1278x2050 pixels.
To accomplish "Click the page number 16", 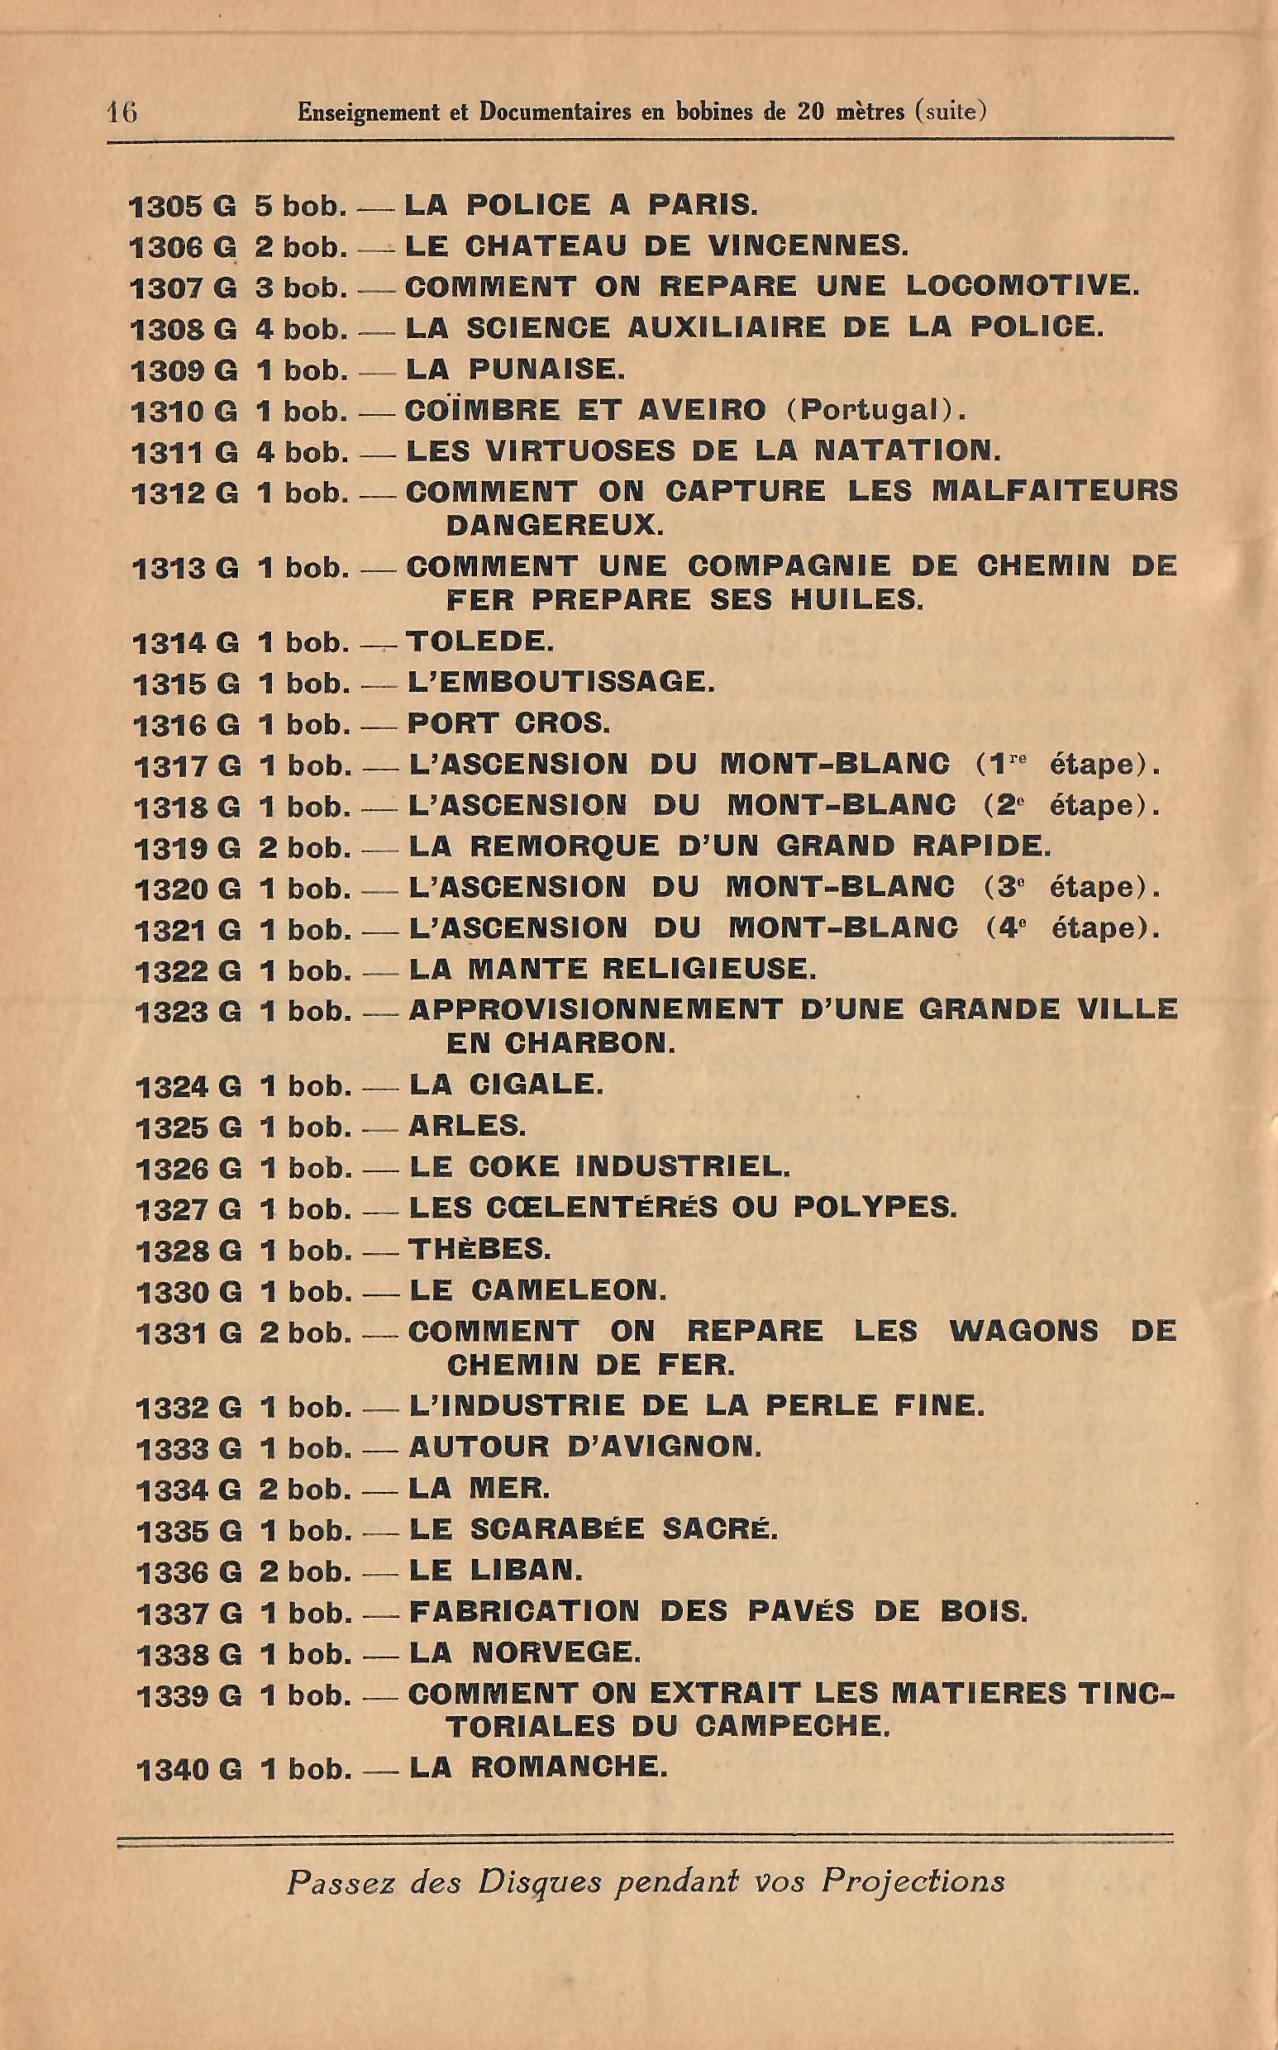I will pyautogui.click(x=122, y=112).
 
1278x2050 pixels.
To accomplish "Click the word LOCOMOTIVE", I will pyautogui.click(x=1022, y=287).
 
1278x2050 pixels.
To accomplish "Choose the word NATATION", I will pyautogui.click(x=906, y=451).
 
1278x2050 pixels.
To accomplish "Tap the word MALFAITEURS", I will pyautogui.click(x=1054, y=492).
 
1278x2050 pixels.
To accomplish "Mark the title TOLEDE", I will pyautogui.click(x=480, y=641).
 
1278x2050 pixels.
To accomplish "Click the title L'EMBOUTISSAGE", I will pyautogui.click(x=561, y=682).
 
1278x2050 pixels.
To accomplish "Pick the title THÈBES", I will pyautogui.click(x=479, y=1249).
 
